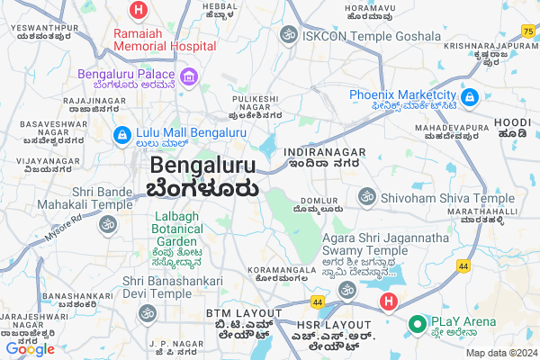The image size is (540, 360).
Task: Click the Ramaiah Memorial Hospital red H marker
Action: pos(138,12)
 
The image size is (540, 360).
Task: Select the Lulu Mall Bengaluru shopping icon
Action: pos(121,134)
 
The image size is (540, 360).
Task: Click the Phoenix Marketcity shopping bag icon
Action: pos(468,96)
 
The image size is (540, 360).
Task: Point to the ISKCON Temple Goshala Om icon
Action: pos(289,35)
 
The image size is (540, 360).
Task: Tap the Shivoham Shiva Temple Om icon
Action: pos(366,195)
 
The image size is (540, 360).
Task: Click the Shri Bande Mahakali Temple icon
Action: pos(109,224)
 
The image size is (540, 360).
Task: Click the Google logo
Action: pos(30,349)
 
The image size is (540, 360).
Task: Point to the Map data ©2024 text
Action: pos(499,353)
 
